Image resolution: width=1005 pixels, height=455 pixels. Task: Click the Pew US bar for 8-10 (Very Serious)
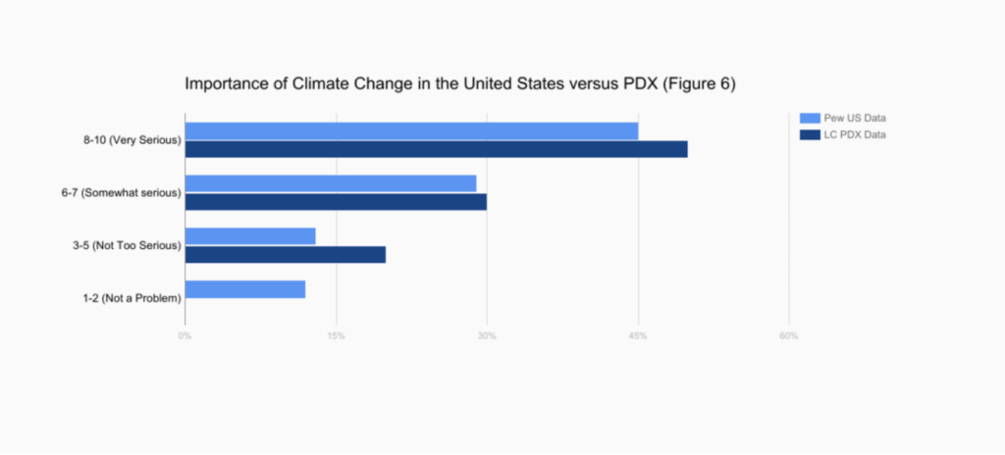[411, 131]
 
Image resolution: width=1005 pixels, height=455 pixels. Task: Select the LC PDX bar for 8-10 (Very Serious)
[436, 149]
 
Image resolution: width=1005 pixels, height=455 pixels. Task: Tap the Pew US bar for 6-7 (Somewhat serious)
[331, 183]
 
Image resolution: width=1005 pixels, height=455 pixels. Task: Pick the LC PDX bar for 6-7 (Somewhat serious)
[336, 202]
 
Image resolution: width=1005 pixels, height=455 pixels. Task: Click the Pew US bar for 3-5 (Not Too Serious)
[250, 236]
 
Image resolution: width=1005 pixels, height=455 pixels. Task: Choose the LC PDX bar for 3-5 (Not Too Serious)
[286, 254]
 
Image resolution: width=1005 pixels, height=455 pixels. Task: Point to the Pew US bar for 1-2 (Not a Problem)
[245, 289]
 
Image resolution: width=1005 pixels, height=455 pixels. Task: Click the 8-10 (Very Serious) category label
[132, 140]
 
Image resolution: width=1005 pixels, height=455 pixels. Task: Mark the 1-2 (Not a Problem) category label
[132, 298]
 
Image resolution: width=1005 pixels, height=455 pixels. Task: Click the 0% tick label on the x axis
[185, 336]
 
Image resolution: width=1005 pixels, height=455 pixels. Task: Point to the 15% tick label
[336, 336]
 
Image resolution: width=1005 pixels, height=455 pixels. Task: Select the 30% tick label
[487, 336]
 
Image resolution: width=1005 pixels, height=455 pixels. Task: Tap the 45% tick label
[638, 336]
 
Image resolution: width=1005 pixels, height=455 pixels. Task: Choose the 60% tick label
[788, 336]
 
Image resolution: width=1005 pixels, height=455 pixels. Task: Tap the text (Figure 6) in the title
[700, 84]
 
